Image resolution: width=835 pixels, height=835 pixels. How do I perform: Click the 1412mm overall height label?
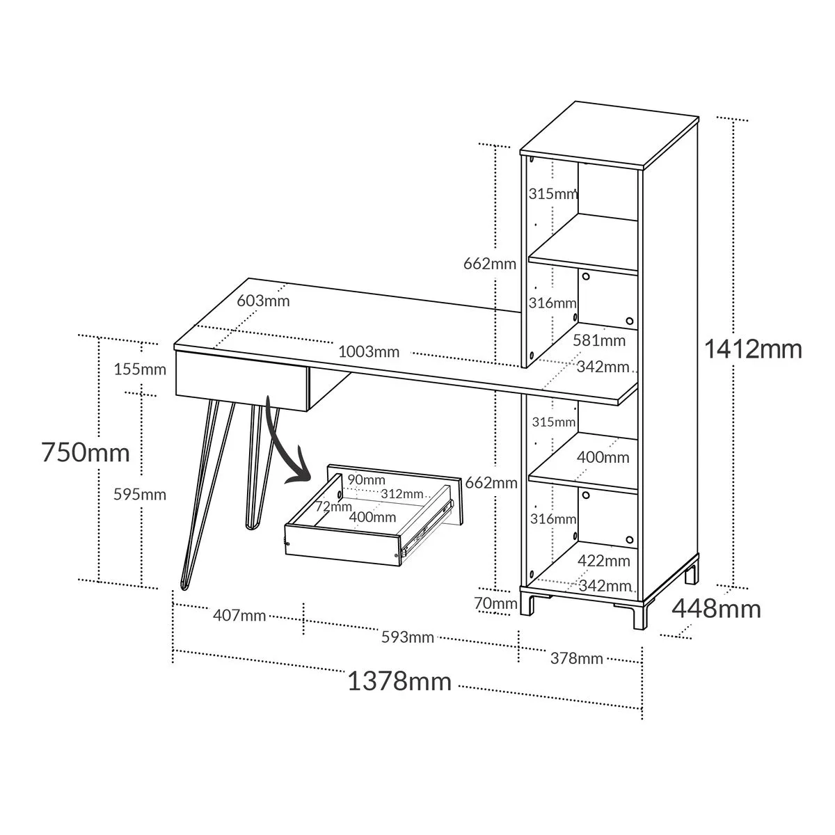(753, 349)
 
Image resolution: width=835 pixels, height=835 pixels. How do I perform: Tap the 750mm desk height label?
(86, 452)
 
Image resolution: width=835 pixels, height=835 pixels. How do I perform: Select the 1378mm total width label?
(399, 681)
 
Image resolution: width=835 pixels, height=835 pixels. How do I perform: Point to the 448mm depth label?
(716, 609)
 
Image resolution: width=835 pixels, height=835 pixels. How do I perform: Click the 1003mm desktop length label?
(369, 352)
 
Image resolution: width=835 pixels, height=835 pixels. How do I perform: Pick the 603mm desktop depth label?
(263, 301)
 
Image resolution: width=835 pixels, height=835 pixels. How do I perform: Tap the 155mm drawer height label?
(140, 369)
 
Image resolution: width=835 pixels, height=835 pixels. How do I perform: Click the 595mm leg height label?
(140, 495)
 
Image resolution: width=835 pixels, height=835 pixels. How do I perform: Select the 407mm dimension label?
(239, 615)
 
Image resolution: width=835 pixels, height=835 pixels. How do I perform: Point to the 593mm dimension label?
(408, 637)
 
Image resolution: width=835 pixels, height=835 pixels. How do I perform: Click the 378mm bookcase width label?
(577, 659)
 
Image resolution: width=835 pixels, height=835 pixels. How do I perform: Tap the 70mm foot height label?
(495, 603)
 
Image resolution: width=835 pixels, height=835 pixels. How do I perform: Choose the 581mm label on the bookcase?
(599, 340)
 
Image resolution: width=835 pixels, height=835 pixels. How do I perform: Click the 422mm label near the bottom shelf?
(603, 561)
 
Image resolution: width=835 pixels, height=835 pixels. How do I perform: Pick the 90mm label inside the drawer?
(366, 479)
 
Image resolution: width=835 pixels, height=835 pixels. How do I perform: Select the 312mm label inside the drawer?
(402, 493)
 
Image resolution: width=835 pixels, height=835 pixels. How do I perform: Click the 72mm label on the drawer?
(334, 506)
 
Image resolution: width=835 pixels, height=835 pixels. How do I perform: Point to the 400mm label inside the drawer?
(373, 517)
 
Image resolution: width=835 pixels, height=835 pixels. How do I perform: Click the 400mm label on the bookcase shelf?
(603, 457)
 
